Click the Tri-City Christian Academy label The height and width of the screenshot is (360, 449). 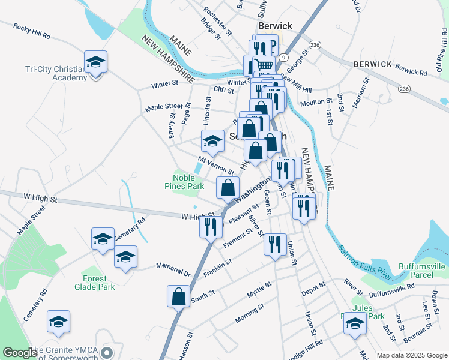[48, 73]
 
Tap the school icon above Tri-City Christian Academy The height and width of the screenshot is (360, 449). [95, 63]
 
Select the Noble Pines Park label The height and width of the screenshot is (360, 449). [188, 182]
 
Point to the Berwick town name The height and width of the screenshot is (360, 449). [275, 26]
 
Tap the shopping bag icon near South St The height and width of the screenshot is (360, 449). [179, 296]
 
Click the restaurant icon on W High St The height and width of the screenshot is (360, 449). [211, 227]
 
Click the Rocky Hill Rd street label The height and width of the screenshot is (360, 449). [31, 31]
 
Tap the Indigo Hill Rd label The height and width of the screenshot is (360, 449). [306, 348]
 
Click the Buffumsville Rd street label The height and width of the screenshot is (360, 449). [391, 287]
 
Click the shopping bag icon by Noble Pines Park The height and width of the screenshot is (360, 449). [228, 188]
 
